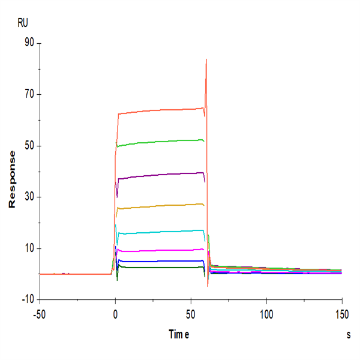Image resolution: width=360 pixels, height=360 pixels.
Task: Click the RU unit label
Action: point(23,23)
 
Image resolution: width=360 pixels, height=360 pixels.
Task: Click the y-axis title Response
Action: point(12,179)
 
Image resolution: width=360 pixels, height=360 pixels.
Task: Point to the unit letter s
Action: point(348,335)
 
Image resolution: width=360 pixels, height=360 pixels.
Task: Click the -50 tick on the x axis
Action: point(39,313)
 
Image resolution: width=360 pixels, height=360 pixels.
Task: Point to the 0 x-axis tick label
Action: point(115,313)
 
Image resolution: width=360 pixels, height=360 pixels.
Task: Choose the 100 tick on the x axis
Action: point(266,313)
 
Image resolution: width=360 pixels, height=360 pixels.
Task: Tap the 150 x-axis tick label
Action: point(341,313)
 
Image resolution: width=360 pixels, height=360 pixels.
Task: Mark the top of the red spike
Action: point(206,59)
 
